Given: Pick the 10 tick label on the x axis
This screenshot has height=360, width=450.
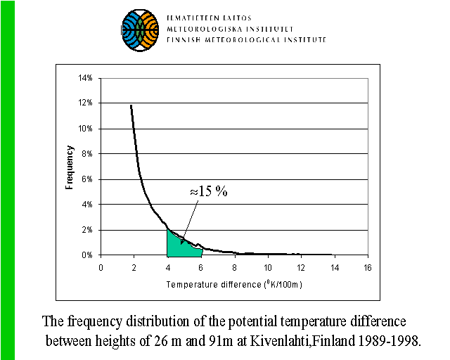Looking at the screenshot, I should point(267,268).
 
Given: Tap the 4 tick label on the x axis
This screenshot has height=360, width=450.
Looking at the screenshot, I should point(167,268).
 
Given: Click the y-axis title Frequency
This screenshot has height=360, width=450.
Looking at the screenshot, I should point(70,167).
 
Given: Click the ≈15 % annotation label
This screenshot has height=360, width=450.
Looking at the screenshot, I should point(208,192).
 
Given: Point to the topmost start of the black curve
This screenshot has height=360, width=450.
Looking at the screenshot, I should point(131,105).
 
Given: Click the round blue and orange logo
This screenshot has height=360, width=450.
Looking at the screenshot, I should point(141,29).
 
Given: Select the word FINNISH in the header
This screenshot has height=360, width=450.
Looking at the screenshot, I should point(184,40).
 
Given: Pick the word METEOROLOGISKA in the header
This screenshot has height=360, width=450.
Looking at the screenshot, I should point(203,28).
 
